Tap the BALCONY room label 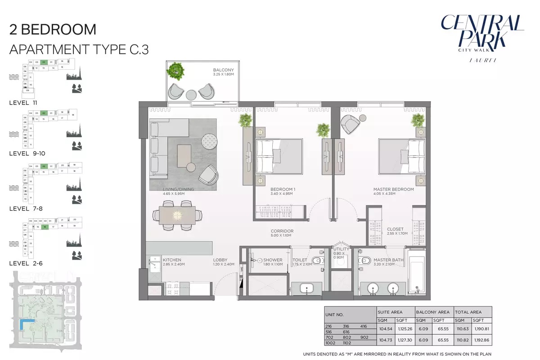pyautogui.click(x=224, y=70)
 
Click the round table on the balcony pyautogui.click(x=191, y=94)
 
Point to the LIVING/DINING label pyautogui.click(x=178, y=189)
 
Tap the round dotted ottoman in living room pyautogui.click(x=209, y=141)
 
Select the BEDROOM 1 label pyautogui.click(x=283, y=189)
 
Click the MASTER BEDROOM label pyautogui.click(x=393, y=189)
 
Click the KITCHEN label pyautogui.click(x=172, y=260)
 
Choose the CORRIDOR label pyautogui.click(x=282, y=231)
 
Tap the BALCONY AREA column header pyautogui.click(x=432, y=312)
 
